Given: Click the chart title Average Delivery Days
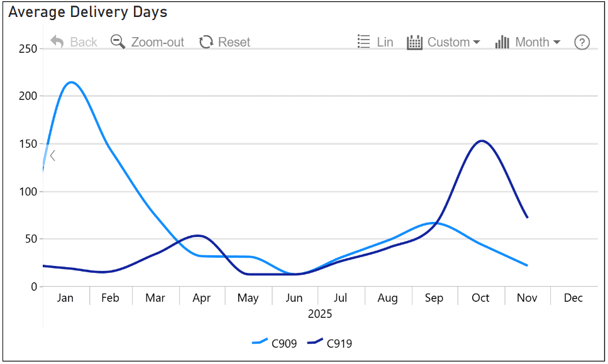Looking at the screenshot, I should coord(87,12).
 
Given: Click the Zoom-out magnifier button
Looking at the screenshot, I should coord(147,42).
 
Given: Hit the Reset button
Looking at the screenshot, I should coord(224,42).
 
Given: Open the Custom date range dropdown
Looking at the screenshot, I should coord(443,42).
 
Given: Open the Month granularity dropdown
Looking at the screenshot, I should coord(528,42).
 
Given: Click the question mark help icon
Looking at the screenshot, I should coord(582,42).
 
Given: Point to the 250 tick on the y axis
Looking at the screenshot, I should coord(27,48).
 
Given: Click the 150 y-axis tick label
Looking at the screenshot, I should coord(27,144).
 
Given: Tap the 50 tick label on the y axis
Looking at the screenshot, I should coord(30,239).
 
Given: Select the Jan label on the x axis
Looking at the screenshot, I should coord(65,298).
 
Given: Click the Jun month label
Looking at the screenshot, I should coord(294,298).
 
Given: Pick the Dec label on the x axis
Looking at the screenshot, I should coord(573,298).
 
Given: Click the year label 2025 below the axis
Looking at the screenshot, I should coord(319,314).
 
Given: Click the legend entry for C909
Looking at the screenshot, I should coord(274,343).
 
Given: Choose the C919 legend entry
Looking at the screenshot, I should coord(329,343).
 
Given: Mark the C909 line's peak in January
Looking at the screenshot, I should coord(71,82).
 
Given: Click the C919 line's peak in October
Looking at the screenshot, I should coord(482,141).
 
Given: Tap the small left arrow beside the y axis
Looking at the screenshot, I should coord(53,155).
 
